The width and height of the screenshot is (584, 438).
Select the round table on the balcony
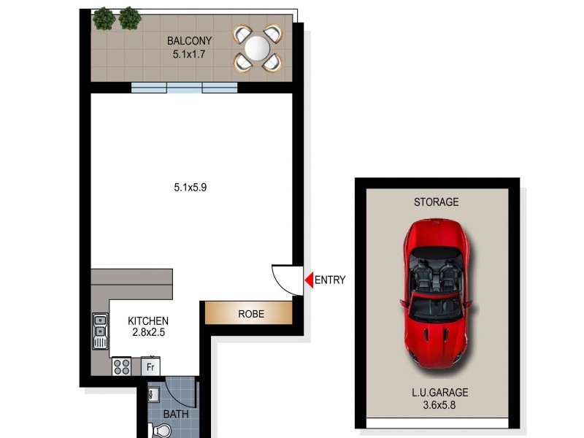258,49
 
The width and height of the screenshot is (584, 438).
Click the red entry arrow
309,279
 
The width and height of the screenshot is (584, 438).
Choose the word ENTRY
331,280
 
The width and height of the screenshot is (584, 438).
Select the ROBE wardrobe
248,314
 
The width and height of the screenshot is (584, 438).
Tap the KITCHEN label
148,320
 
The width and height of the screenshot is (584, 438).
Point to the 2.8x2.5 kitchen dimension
148,333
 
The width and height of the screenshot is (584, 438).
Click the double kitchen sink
100,331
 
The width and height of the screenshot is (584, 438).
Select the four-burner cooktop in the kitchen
121,366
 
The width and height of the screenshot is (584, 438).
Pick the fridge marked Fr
150,366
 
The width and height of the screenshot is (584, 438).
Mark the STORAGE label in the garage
437,201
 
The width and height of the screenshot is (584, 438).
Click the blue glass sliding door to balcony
184,88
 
